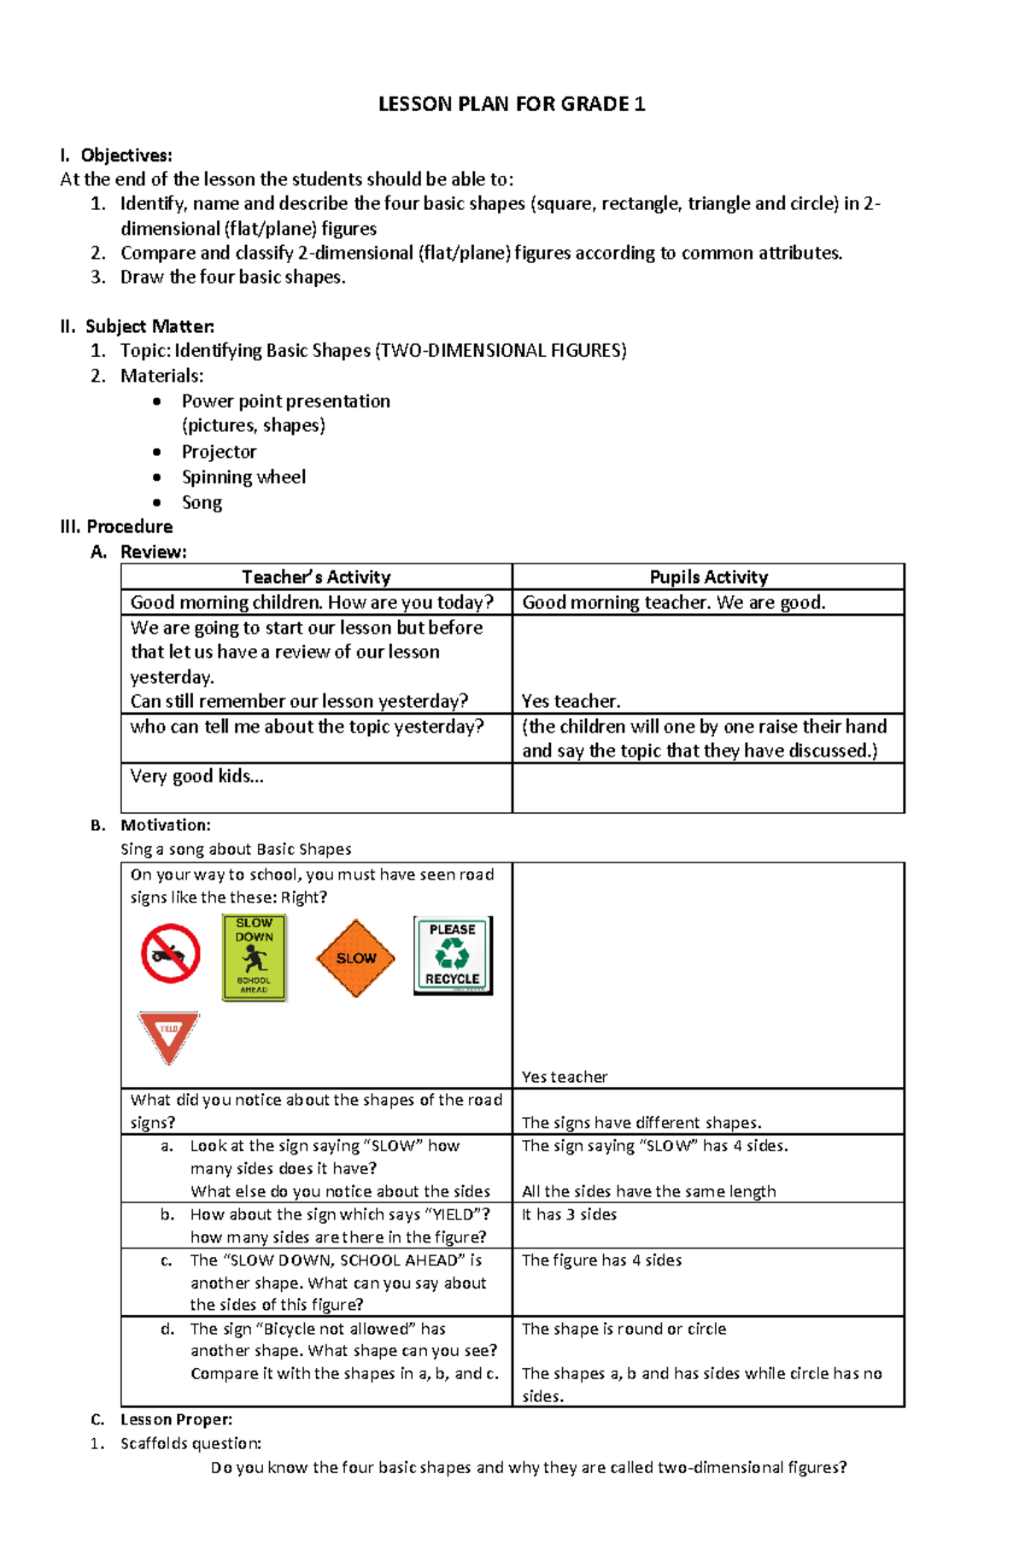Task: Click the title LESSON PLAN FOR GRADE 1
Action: (512, 104)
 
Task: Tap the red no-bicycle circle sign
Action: (171, 953)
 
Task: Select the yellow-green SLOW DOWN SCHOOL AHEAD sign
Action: (254, 957)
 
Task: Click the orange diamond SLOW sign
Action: (355, 958)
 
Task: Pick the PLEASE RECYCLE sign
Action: (453, 955)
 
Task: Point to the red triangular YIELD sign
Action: (169, 1036)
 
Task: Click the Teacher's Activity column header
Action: (316, 577)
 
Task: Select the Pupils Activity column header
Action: (708, 577)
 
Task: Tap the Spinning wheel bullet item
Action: (243, 477)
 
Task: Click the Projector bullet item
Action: (219, 452)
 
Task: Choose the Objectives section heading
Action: (126, 155)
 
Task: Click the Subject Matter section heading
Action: (149, 326)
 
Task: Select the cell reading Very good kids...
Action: (196, 776)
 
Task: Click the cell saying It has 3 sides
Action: (569, 1214)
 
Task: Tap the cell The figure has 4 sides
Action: (601, 1260)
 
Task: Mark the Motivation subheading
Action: (165, 825)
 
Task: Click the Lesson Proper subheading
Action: (176, 1419)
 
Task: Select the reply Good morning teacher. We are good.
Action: (673, 603)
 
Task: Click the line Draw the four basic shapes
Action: (232, 277)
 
